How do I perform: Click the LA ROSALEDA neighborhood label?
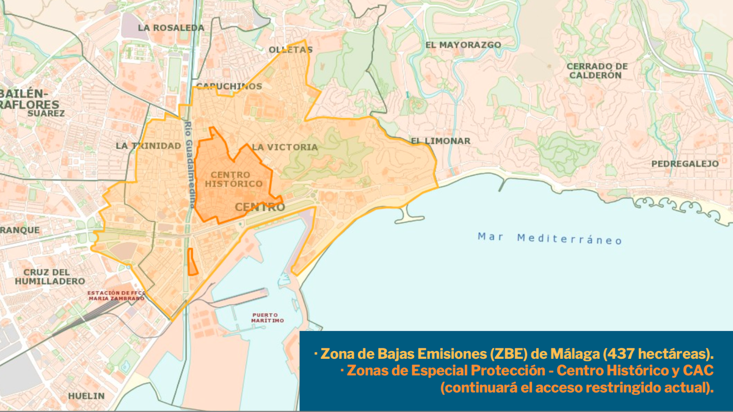(170, 28)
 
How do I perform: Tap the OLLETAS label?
(291, 49)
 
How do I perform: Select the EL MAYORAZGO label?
(463, 45)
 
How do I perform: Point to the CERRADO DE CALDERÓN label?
(596, 71)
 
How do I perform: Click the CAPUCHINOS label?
(229, 86)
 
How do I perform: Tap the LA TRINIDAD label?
(148, 146)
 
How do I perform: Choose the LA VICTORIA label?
(285, 147)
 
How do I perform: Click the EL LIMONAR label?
(440, 141)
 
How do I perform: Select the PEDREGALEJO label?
(685, 164)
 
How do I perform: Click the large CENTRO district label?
(260, 208)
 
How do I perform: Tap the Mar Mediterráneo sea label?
(550, 238)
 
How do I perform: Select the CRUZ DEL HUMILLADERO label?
(50, 276)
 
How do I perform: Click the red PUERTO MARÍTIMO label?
(268, 317)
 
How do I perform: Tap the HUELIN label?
(86, 396)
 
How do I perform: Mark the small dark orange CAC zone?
(192, 262)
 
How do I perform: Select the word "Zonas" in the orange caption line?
(365, 371)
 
